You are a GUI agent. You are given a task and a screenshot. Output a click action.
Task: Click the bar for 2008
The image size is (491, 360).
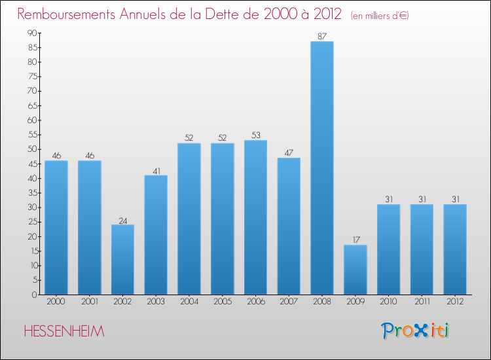tap(322, 168)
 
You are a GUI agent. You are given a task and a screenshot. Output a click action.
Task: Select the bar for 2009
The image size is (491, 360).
tap(355, 270)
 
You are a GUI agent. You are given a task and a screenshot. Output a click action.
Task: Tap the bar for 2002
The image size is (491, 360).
tap(122, 260)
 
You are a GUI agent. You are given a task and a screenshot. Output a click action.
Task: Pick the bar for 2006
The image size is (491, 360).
tap(255, 217)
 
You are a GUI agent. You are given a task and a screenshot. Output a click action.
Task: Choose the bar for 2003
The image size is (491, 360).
tap(156, 235)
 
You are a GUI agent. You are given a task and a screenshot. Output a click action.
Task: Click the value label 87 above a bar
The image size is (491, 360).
tap(322, 37)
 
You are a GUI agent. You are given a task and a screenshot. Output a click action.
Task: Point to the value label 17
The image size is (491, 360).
tap(355, 240)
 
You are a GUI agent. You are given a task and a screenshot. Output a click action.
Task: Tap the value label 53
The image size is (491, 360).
tap(255, 135)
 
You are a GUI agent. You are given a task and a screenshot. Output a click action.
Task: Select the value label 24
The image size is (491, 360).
tap(122, 220)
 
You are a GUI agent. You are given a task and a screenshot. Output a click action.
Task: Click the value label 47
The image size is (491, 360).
tap(289, 153)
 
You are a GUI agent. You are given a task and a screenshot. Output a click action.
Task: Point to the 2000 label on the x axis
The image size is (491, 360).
tap(56, 303)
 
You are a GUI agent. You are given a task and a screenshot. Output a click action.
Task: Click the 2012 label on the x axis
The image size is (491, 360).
tap(455, 303)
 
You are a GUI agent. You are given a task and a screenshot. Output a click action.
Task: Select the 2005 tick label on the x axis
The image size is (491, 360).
tap(223, 303)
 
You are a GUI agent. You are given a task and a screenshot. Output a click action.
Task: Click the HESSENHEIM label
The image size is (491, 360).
tap(64, 331)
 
